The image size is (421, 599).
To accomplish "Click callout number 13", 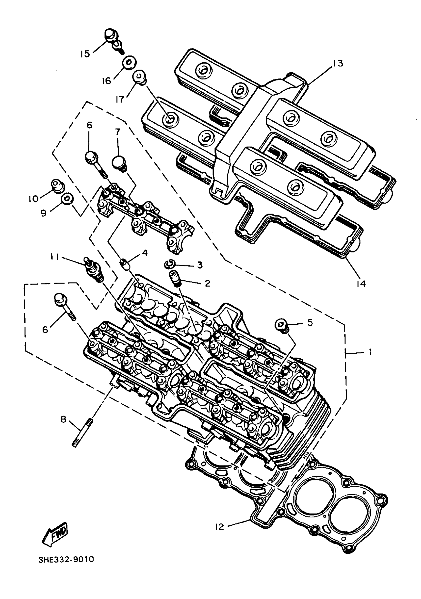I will [338, 63].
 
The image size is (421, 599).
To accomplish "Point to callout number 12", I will [220, 527].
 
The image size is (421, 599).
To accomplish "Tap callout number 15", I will [85, 54].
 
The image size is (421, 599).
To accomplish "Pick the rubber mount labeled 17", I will [140, 77].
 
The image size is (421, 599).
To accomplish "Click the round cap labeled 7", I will [119, 162].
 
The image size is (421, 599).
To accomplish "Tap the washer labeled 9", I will [67, 199].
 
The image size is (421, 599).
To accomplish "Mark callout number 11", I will [55, 257].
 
